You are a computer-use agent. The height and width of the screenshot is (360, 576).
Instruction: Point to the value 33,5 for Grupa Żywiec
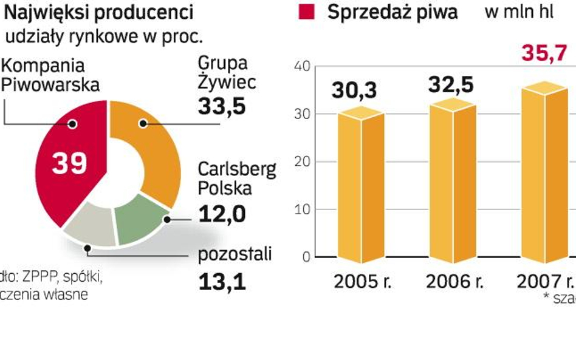tap(222, 106)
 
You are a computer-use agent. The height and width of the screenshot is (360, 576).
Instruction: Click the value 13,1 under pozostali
tap(222, 280)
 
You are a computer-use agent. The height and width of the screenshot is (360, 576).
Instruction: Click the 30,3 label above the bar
tap(354, 90)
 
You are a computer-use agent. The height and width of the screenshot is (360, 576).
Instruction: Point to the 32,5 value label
tap(451, 84)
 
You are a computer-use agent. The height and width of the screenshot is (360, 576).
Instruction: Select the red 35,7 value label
tap(544, 54)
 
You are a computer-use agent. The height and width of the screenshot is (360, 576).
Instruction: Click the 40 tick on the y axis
tap(302, 66)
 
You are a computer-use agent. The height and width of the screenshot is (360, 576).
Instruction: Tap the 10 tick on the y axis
tap(302, 209)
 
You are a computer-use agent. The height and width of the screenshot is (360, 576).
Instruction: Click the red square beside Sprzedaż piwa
tap(307, 13)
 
